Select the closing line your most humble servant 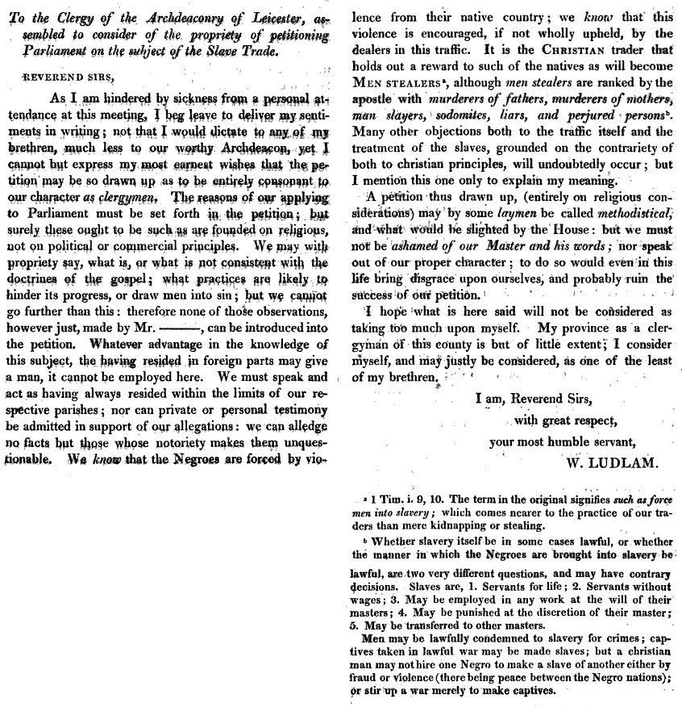[x=563, y=441]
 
